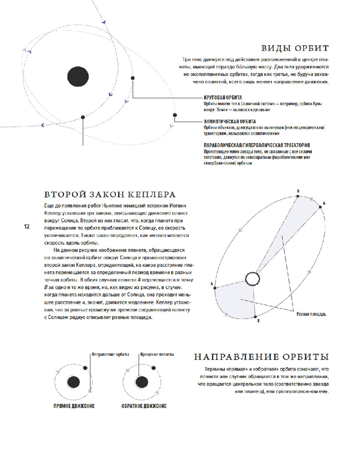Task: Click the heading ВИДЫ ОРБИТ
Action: (295, 48)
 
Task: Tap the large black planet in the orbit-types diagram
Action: (78, 76)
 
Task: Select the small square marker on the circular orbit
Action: (133, 78)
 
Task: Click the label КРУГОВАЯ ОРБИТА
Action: (223, 98)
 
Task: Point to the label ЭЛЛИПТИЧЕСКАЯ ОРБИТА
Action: (229, 121)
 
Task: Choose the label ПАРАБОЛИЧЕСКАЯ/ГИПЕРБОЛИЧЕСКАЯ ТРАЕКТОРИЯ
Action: (257, 145)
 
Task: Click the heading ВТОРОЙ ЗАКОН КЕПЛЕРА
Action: (110, 194)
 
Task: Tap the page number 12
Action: (27, 226)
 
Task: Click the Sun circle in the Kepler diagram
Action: (252, 279)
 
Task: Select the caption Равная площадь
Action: (311, 314)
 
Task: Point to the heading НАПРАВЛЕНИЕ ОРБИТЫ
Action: (261, 357)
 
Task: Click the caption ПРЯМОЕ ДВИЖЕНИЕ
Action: (74, 406)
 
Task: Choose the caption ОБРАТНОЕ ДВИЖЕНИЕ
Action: (144, 406)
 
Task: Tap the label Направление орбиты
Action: (110, 355)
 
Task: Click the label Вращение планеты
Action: (157, 355)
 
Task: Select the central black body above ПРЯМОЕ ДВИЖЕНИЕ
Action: (73, 382)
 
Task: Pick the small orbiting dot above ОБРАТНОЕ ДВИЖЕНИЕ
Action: (153, 368)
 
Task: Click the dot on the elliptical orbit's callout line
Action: (175, 115)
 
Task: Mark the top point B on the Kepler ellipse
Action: (298, 196)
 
